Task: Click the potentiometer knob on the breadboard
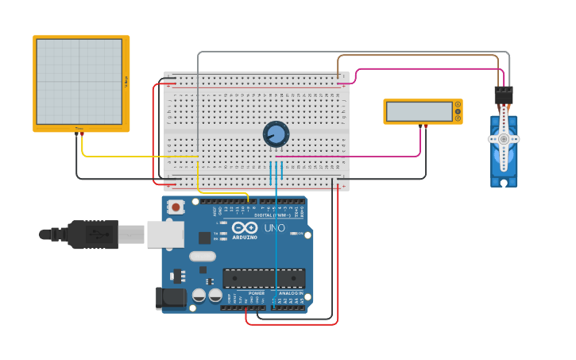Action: [276, 134]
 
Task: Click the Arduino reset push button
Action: [176, 207]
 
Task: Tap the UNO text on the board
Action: [274, 229]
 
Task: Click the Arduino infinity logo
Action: [245, 228]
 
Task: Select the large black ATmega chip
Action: [264, 278]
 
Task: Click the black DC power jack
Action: [172, 298]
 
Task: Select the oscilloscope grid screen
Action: [79, 82]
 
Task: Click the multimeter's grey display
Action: [419, 111]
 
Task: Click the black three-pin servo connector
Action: [503, 95]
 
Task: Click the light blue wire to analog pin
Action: [276, 238]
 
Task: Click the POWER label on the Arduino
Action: [257, 293]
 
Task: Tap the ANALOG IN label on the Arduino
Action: [290, 293]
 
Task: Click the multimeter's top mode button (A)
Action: [458, 104]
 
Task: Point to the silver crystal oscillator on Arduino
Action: [203, 256]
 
